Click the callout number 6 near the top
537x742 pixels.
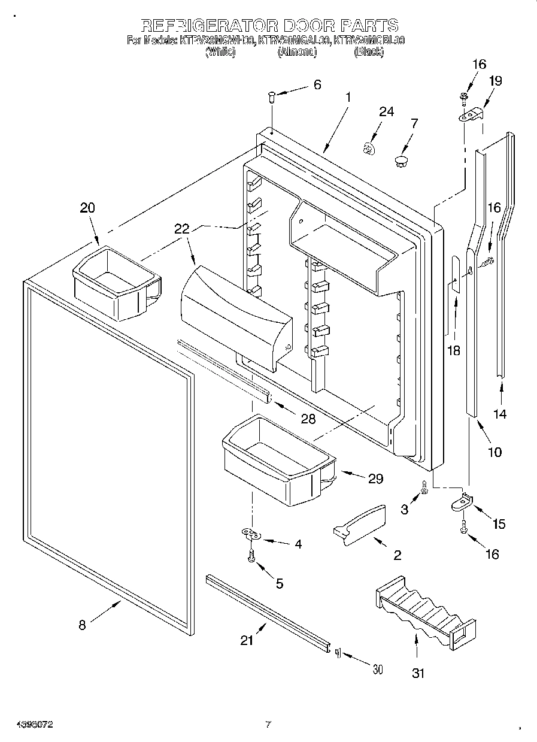pos(317,84)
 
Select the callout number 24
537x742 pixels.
pos(386,112)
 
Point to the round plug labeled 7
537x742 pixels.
pos(401,160)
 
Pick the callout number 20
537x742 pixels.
pos(87,208)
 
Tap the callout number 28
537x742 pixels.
pos(308,419)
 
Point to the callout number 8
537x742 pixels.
pos(82,625)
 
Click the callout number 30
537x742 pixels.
pos(377,670)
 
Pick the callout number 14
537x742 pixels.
pos(500,413)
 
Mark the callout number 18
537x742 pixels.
pos(454,350)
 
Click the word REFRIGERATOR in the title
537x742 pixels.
pos(209,25)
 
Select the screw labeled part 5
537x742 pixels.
pos(251,557)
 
